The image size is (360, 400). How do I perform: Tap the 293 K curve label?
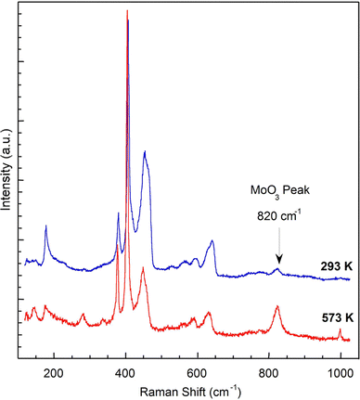[x=328, y=265]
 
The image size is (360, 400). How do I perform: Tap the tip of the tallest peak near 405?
[x=127, y=12]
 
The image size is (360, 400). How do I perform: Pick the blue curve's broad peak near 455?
[x=145, y=153]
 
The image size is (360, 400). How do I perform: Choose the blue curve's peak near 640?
[x=212, y=242]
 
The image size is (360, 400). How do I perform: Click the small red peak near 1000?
[x=340, y=329]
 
